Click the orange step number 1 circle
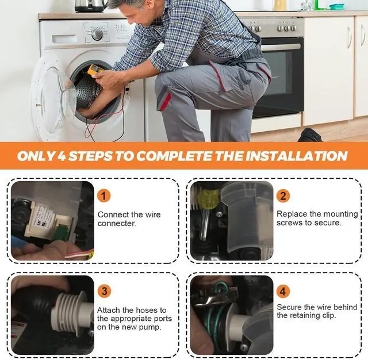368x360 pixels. [x=103, y=196]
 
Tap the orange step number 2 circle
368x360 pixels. [x=283, y=196]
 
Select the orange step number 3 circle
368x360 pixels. [x=104, y=291]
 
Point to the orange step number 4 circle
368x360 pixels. [x=283, y=292]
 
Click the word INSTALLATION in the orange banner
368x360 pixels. [x=296, y=156]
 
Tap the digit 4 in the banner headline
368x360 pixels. [x=62, y=156]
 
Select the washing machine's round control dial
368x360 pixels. [x=97, y=35]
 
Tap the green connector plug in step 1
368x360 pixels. [x=59, y=232]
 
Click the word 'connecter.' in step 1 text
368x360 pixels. [x=117, y=223]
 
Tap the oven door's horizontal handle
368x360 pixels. [x=281, y=47]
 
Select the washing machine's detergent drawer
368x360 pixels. [x=64, y=39]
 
